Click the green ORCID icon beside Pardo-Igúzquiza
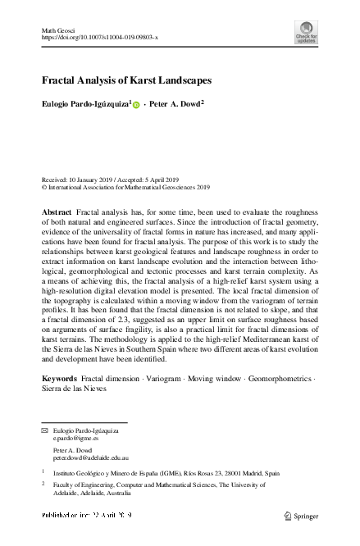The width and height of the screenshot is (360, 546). pyautogui.click(x=136, y=105)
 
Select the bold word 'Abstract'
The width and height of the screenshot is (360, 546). pyautogui.click(x=57, y=212)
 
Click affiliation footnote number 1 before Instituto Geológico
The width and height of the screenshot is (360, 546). pyautogui.click(x=43, y=472)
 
